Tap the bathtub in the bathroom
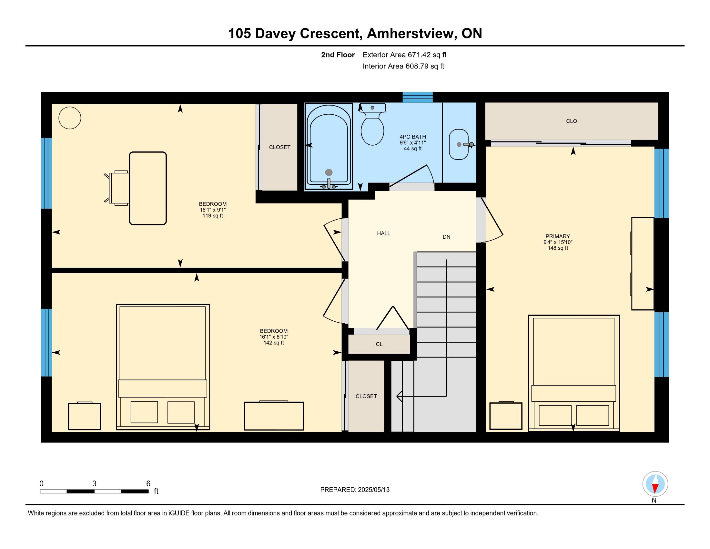click(x=329, y=146)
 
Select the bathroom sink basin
click(x=459, y=144)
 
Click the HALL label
click(x=384, y=233)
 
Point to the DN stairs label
click(x=446, y=237)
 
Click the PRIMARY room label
click(x=558, y=236)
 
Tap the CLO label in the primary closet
click(x=572, y=121)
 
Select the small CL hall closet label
click(x=379, y=344)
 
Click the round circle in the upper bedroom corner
click(x=70, y=118)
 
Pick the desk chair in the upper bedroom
click(x=117, y=188)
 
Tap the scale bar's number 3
click(x=94, y=484)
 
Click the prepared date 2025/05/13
click(x=374, y=490)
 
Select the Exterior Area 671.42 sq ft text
click(x=404, y=55)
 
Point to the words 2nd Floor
click(x=338, y=55)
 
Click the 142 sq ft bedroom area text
click(x=274, y=342)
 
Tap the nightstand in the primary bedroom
click(x=506, y=416)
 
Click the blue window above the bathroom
click(x=418, y=97)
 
